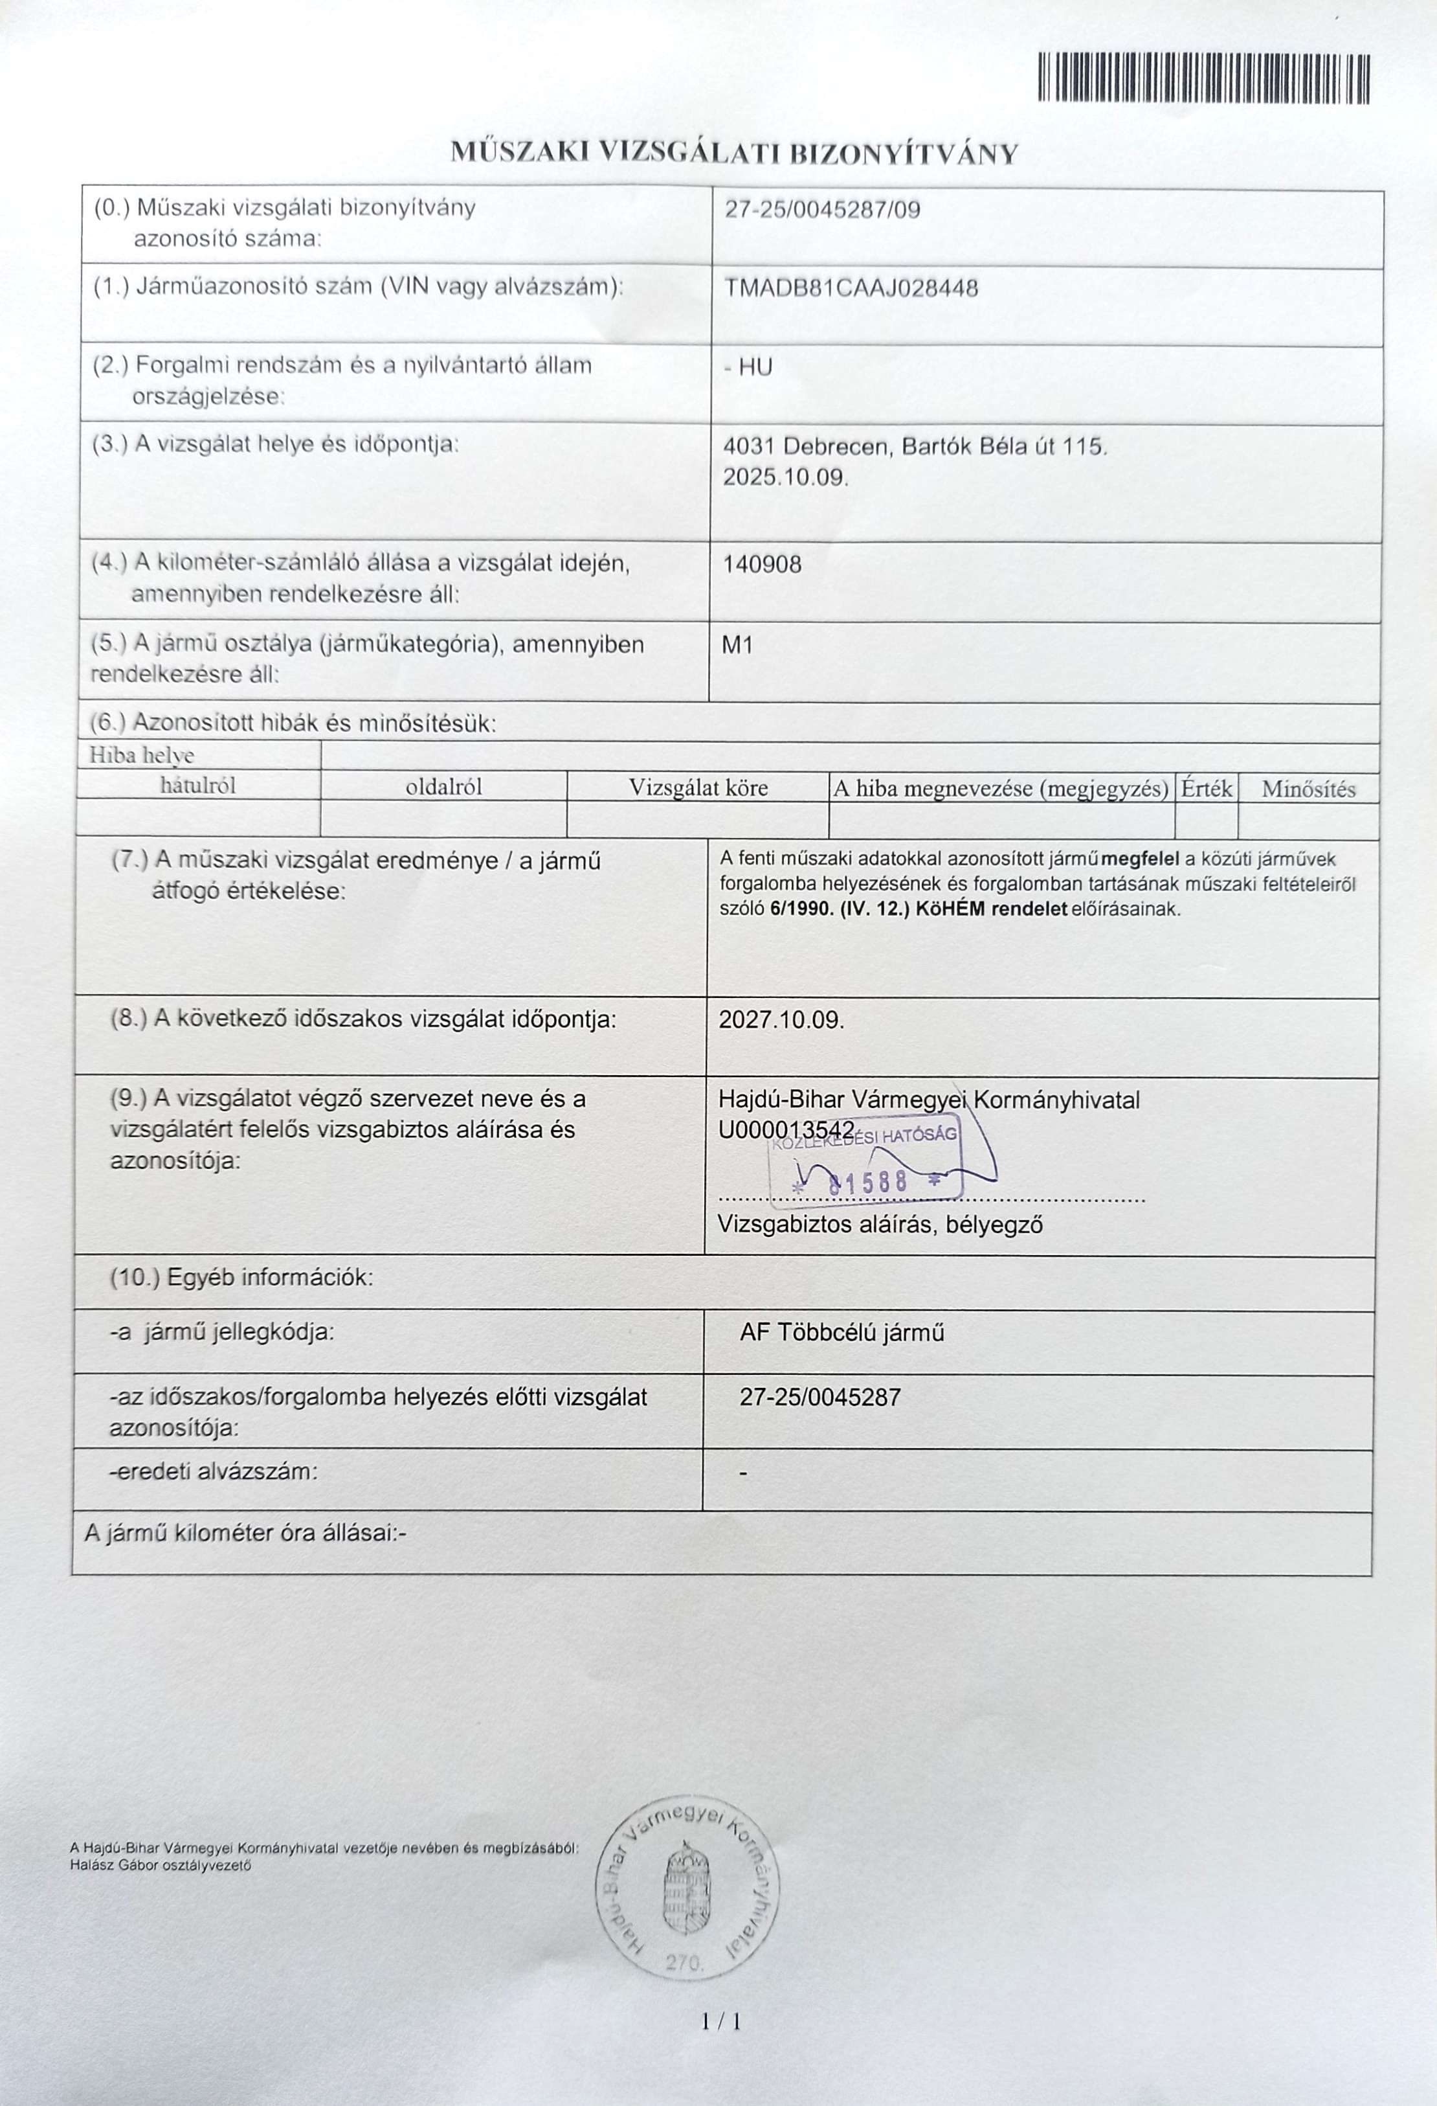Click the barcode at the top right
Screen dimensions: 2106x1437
[x=1203, y=79]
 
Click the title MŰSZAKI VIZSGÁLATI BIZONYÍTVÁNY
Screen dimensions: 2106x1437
[x=735, y=153]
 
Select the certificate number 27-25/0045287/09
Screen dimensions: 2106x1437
[x=822, y=210]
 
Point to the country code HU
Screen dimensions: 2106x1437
[x=755, y=367]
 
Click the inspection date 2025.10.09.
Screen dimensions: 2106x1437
[x=785, y=477]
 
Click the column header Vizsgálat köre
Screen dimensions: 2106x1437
[x=698, y=788]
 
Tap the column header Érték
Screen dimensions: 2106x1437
[x=1206, y=788]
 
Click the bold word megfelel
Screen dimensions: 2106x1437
[x=1139, y=859]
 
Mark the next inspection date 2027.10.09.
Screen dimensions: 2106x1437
[x=781, y=1019]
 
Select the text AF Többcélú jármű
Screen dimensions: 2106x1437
[x=841, y=1333]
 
